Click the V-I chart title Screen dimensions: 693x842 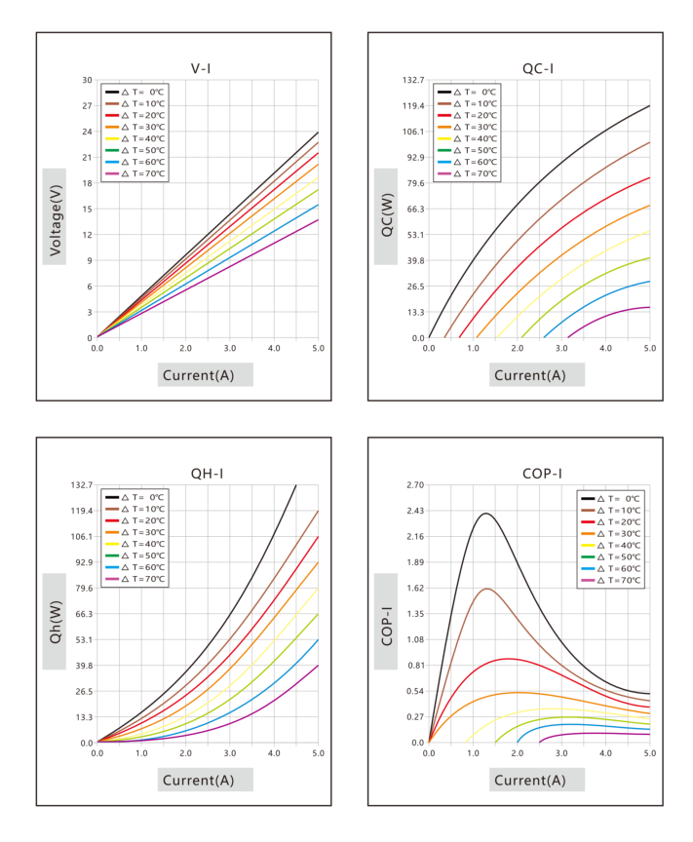(x=201, y=69)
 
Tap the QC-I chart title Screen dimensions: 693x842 (x=538, y=69)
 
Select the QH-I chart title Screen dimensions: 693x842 (x=207, y=474)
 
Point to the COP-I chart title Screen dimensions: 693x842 (x=542, y=474)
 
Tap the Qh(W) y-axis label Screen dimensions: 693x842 (x=56, y=622)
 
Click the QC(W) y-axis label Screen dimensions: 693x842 (x=387, y=215)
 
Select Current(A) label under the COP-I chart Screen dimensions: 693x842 (x=529, y=781)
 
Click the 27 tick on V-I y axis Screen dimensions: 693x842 (x=87, y=106)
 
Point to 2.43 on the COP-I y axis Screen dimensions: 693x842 (x=415, y=511)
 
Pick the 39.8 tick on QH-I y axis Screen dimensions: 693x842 (x=84, y=666)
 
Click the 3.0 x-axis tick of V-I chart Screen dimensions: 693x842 (x=230, y=348)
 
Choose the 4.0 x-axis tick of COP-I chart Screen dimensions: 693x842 (x=605, y=753)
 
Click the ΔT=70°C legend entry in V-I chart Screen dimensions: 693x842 (x=135, y=173)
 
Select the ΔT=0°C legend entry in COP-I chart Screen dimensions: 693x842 (x=611, y=498)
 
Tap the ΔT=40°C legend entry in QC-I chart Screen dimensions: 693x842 (x=468, y=138)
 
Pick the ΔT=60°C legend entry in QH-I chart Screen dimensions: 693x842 (x=135, y=567)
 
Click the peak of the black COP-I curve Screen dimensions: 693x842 (x=486, y=514)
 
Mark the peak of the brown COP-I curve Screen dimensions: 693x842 (x=487, y=589)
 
